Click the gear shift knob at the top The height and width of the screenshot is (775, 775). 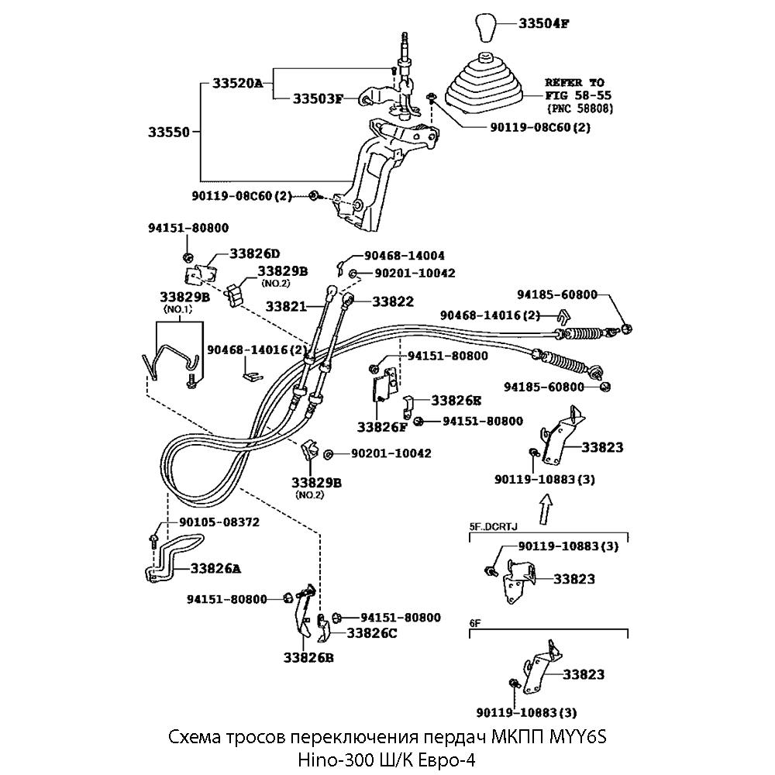click(486, 27)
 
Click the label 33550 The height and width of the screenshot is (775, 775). click(169, 133)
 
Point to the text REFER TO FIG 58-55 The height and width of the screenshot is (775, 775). click(574, 88)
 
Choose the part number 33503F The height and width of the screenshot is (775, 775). click(318, 99)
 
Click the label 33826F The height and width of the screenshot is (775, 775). click(382, 426)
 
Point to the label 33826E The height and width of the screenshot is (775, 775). click(456, 401)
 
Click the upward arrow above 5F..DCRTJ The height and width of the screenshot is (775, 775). click(545, 510)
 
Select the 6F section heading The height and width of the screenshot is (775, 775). click(476, 622)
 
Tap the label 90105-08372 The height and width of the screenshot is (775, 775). click(219, 522)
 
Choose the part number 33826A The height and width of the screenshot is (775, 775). click(214, 568)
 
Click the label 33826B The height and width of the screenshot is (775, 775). click(308, 658)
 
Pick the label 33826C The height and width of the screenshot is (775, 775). click(371, 633)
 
